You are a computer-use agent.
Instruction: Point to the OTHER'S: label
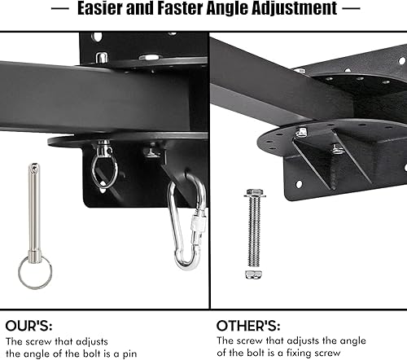[251, 324]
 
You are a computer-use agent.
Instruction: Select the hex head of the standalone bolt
[251, 196]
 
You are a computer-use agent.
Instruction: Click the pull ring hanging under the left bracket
[104, 170]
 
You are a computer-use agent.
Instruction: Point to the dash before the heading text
[59, 11]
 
